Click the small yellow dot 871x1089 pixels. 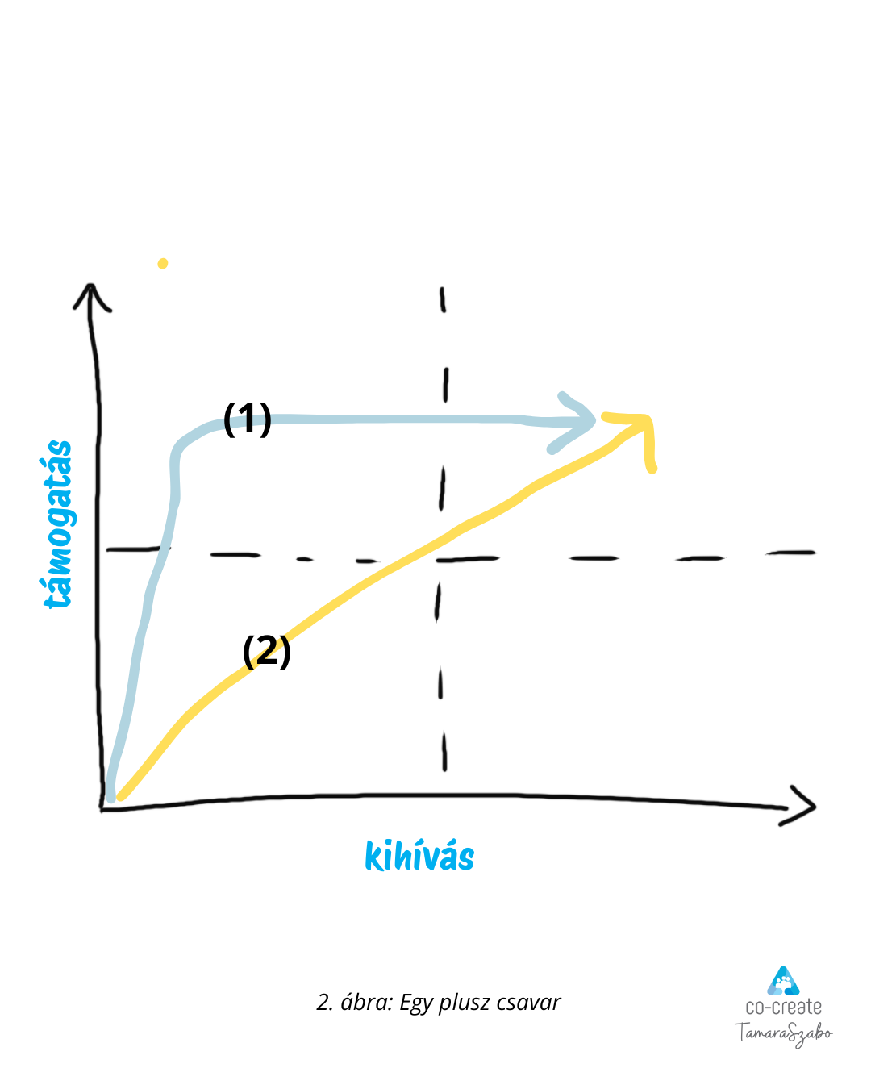pyautogui.click(x=163, y=263)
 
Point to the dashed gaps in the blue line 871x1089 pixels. pyautogui.click(x=247, y=420)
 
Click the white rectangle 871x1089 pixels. pyautogui.click(x=239, y=719)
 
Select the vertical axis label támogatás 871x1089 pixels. pyautogui.click(x=57, y=524)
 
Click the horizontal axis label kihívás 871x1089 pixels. pyautogui.click(x=419, y=857)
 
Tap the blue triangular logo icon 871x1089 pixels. pyautogui.click(x=782, y=980)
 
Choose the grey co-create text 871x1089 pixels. pyautogui.click(x=783, y=1007)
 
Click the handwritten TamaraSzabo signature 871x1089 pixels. pyautogui.click(x=783, y=1033)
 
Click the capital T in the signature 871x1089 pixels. pyautogui.click(x=740, y=1032)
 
